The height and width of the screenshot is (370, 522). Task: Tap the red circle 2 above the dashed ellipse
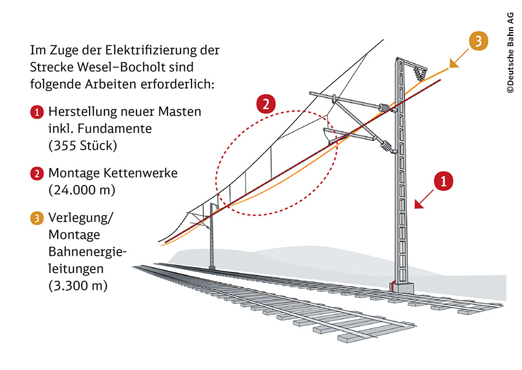click(266, 104)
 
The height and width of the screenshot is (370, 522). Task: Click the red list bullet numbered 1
click(36, 113)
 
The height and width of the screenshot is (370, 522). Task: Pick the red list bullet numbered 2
click(36, 174)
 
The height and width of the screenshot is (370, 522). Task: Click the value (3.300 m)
click(78, 285)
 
